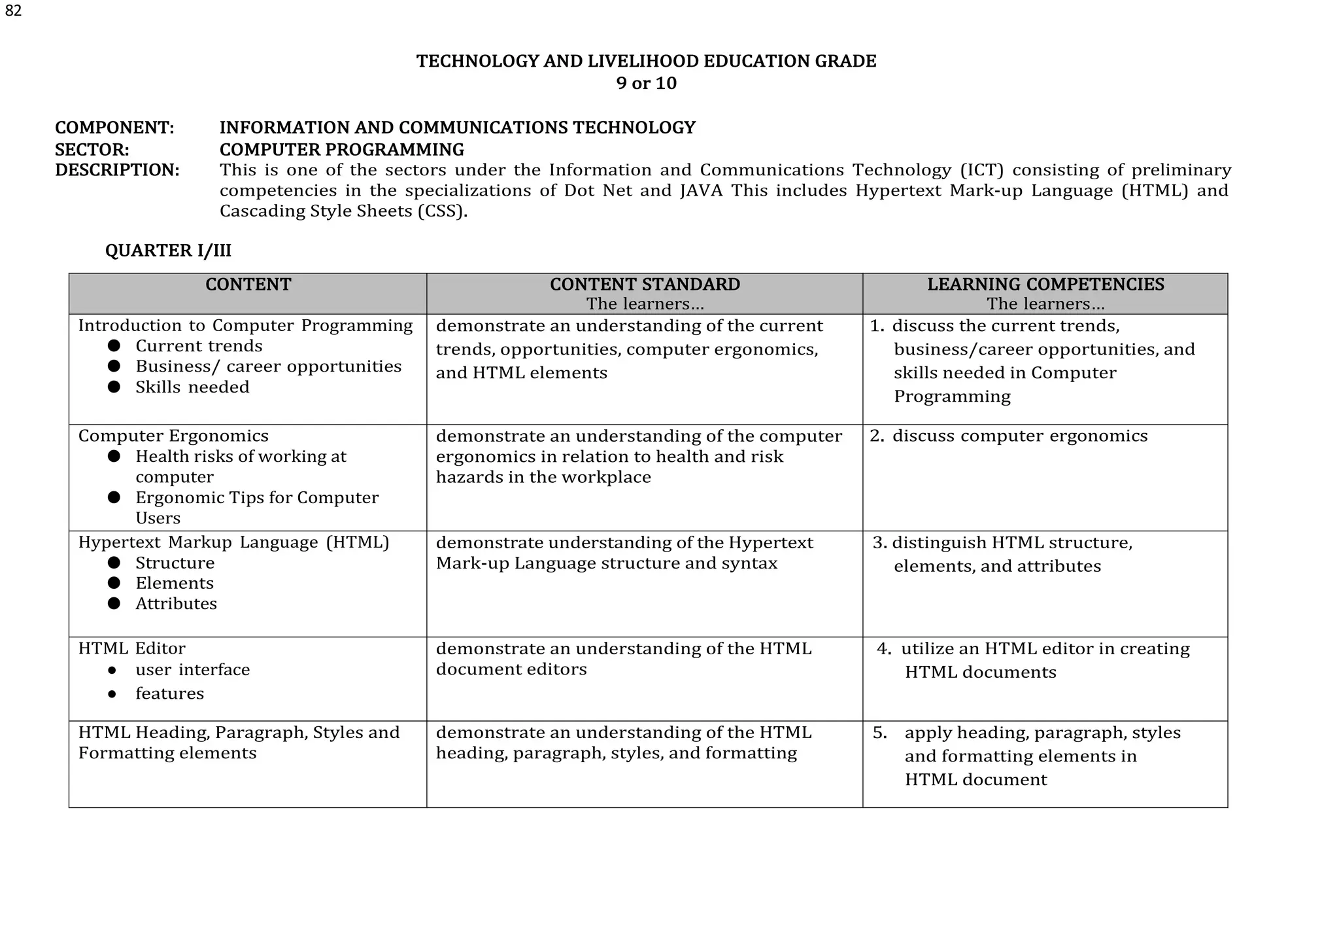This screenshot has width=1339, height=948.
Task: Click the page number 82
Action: (13, 11)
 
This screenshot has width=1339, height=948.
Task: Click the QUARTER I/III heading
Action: (168, 251)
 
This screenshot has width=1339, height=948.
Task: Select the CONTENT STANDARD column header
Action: (645, 285)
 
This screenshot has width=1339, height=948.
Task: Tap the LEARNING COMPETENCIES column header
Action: (1045, 285)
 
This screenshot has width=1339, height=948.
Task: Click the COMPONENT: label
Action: (114, 128)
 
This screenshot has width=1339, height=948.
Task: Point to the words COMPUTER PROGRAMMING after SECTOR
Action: (342, 150)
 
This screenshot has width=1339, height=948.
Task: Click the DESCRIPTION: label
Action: (117, 170)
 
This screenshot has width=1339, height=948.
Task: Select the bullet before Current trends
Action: (114, 345)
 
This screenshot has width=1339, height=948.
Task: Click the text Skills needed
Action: (192, 387)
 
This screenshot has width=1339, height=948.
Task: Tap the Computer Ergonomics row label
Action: (173, 436)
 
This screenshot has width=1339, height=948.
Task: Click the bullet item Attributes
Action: (176, 604)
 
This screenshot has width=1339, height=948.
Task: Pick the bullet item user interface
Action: (192, 670)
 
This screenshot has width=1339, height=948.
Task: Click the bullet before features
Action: (112, 694)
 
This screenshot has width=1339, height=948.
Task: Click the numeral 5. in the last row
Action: (880, 733)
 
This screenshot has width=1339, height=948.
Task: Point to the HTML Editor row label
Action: (131, 648)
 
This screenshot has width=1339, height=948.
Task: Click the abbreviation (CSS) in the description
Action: (441, 211)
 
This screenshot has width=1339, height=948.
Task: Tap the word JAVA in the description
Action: (701, 191)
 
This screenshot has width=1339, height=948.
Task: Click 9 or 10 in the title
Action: (646, 84)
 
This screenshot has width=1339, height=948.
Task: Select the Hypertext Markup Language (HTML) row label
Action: (233, 543)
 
